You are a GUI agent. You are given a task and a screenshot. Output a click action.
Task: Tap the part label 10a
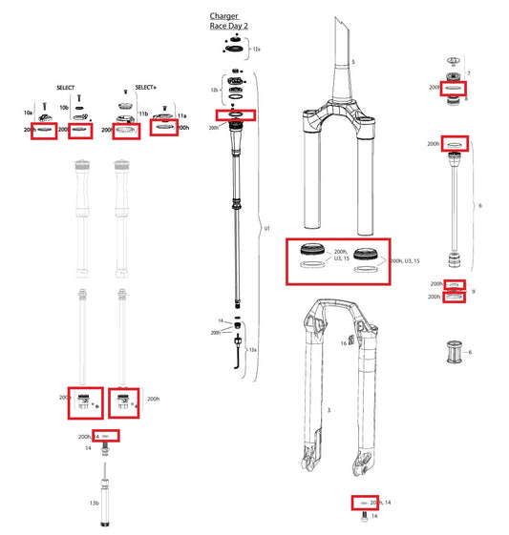(28, 113)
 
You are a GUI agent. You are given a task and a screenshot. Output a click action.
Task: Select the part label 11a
(181, 113)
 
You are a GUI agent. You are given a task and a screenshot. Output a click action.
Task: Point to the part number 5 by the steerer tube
(352, 62)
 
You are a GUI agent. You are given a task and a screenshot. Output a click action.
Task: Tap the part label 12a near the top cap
(255, 48)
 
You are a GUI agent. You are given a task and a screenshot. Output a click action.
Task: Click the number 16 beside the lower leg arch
(343, 342)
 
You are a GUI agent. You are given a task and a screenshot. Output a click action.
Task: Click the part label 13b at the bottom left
(94, 502)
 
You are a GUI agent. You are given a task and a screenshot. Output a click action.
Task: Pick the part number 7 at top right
(468, 73)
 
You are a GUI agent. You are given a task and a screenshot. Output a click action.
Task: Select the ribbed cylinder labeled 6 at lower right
(454, 353)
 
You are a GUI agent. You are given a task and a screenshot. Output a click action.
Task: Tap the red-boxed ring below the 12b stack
(236, 115)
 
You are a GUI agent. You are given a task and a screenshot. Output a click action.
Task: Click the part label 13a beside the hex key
(252, 351)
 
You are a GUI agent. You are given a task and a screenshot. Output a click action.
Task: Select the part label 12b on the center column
(215, 89)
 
